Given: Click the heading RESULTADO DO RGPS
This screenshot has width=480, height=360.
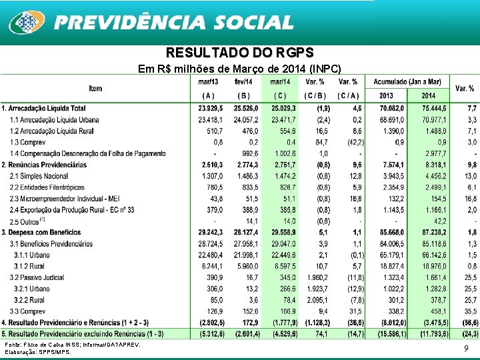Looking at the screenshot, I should click(239, 53).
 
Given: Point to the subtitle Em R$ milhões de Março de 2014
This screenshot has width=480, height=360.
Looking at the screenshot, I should click(239, 69).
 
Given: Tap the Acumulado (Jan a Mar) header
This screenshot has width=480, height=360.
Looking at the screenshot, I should click(409, 81).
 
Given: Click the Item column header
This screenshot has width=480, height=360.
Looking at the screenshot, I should click(95, 89).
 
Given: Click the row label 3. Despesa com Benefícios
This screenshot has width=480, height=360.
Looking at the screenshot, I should click(45, 233).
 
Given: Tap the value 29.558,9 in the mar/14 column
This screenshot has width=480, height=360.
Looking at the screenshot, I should click(283, 233).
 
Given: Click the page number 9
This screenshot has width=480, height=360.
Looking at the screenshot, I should click(466, 348).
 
